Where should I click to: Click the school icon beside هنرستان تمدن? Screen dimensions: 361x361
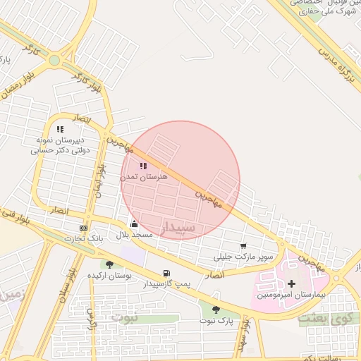coord(143,166)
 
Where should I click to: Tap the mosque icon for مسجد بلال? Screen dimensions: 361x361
coord(134,224)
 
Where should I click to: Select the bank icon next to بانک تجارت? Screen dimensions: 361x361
coord(84,228)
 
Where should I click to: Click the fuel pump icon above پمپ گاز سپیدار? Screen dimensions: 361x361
coord(166,273)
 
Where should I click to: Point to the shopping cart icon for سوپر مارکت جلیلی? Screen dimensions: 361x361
coord(243,246)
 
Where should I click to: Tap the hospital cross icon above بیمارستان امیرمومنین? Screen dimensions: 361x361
coord(292,283)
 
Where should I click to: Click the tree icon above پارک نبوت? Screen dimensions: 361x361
coord(216,309)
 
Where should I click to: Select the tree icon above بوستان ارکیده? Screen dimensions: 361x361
coord(109,264)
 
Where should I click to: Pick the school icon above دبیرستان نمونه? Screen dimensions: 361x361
coord(60,129)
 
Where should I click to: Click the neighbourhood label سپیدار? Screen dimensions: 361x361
coord(181,228)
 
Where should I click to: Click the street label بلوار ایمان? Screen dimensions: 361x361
coord(101,181)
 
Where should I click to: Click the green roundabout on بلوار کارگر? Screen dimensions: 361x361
coord(54,61)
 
